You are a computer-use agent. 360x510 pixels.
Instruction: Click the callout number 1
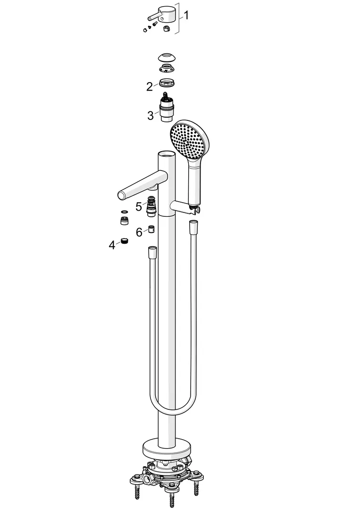[186, 15]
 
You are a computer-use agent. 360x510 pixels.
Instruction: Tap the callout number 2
[149, 87]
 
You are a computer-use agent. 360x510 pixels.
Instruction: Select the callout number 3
[150, 116]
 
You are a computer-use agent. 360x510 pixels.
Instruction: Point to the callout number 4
[112, 245]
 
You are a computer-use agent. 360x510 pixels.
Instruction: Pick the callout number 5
[139, 206]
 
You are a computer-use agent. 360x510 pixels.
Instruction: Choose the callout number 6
[139, 232]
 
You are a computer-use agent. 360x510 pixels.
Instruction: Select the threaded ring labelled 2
[167, 83]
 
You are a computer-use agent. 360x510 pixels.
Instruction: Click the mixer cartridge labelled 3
[167, 108]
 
